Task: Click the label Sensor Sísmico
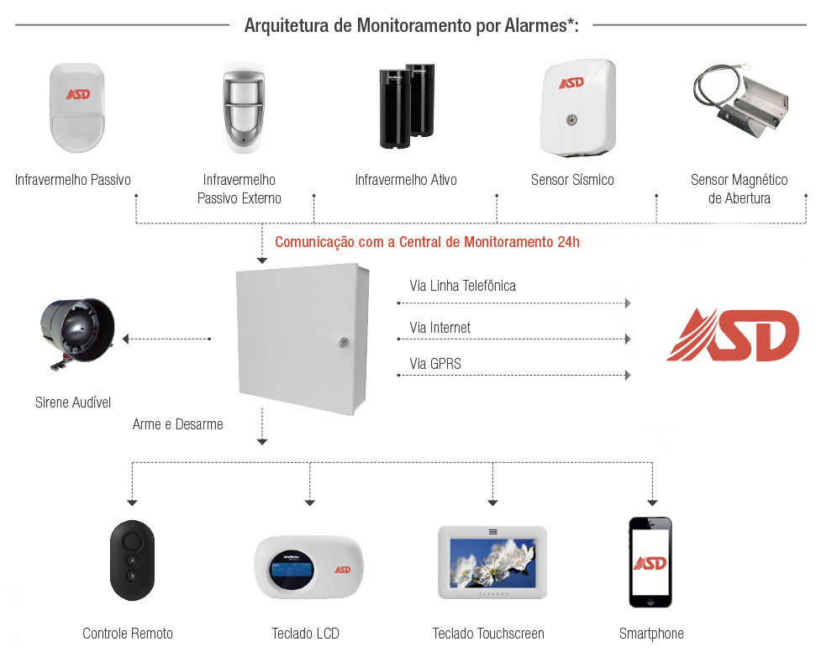pos(572,180)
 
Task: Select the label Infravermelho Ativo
pos(406,180)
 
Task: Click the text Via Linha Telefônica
pos(462,286)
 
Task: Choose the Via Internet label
pos(440,328)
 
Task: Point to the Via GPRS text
pos(435,364)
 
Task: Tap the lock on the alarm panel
pos(344,342)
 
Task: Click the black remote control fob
pos(132,560)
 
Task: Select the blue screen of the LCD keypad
pos(292,576)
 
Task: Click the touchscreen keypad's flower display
pos(492,563)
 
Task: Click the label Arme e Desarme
pos(178,424)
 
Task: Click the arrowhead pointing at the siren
pos(125,339)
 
